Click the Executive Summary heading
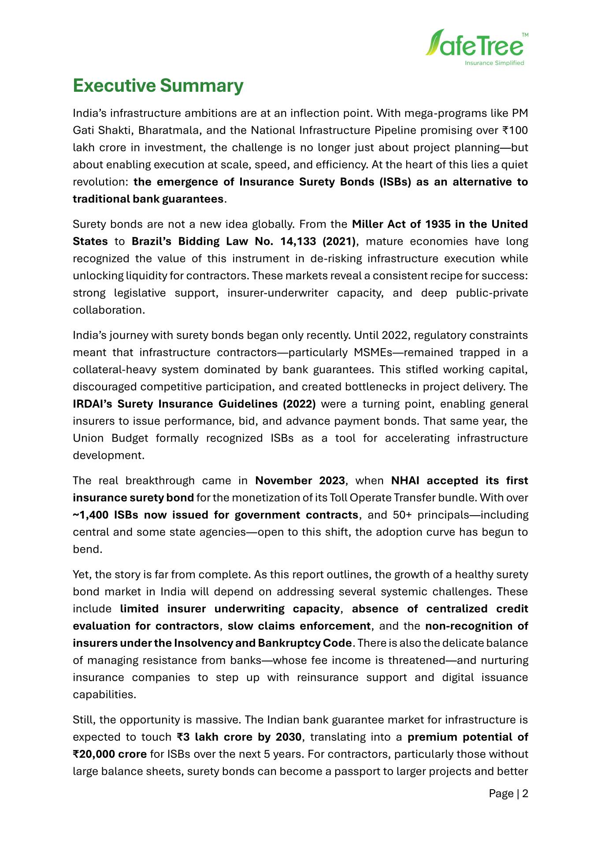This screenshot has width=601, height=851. click(158, 86)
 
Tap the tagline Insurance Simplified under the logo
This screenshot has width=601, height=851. click(494, 63)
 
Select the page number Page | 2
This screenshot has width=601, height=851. click(508, 794)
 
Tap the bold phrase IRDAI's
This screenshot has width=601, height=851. click(93, 404)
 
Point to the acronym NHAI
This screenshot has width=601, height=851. click(405, 480)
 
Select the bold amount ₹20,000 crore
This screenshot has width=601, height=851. click(110, 754)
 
